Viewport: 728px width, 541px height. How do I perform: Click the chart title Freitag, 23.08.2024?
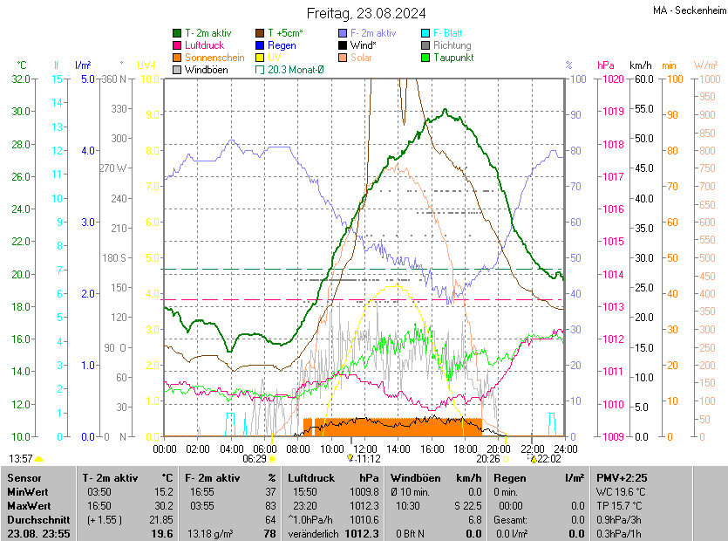[x=366, y=13]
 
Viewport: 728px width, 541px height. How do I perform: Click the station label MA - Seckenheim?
[x=688, y=10]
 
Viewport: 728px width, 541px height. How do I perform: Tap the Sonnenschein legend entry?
[x=214, y=58]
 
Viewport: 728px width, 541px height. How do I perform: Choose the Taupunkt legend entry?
[x=452, y=58]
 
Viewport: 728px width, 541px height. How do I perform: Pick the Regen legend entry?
[x=282, y=45]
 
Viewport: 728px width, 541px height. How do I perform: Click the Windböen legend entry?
[x=206, y=70]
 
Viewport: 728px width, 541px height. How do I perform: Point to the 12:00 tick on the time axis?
[x=366, y=449]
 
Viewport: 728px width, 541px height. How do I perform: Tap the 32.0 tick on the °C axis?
[x=21, y=79]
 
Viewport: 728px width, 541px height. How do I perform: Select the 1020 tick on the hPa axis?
[x=611, y=79]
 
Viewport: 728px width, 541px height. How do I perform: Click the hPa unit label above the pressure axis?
[x=605, y=65]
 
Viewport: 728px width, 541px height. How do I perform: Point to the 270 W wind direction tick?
[x=112, y=168]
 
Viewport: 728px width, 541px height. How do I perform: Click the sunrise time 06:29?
[x=254, y=458]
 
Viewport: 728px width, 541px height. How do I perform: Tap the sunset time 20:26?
[x=487, y=458]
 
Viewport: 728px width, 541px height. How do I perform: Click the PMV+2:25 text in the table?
[x=621, y=478]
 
